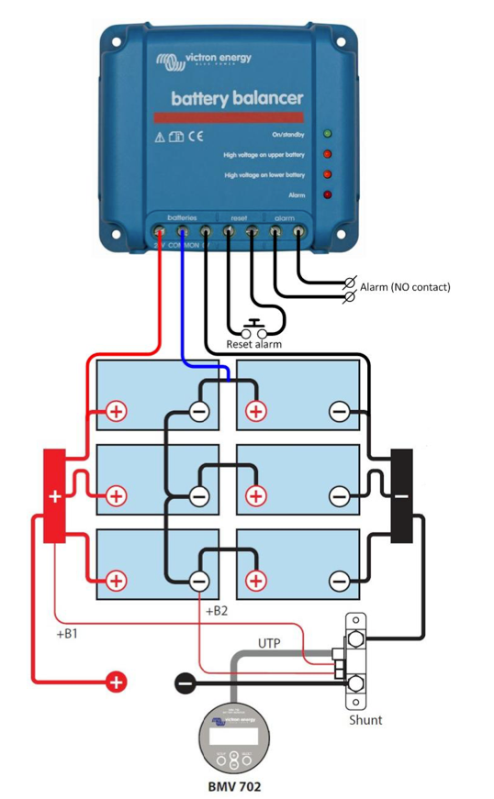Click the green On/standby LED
[327, 134]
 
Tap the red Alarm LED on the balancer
[327, 194]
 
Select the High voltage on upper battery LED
[327, 154]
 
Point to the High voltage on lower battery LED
[327, 174]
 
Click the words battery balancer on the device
[237, 97]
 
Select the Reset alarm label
[253, 344]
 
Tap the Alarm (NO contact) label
[405, 287]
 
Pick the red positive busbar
[54, 495]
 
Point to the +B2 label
[217, 610]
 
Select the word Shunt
[365, 719]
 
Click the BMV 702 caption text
[234, 786]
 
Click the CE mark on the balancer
[196, 137]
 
